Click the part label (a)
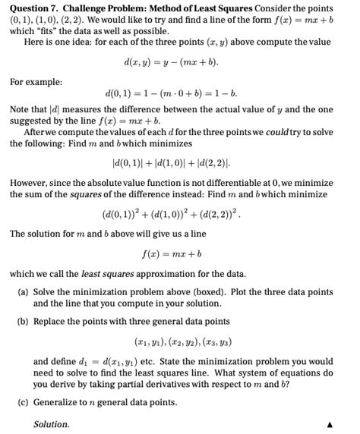click(23, 292)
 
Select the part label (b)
click(23, 321)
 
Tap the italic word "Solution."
click(52, 424)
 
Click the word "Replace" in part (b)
click(51, 321)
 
